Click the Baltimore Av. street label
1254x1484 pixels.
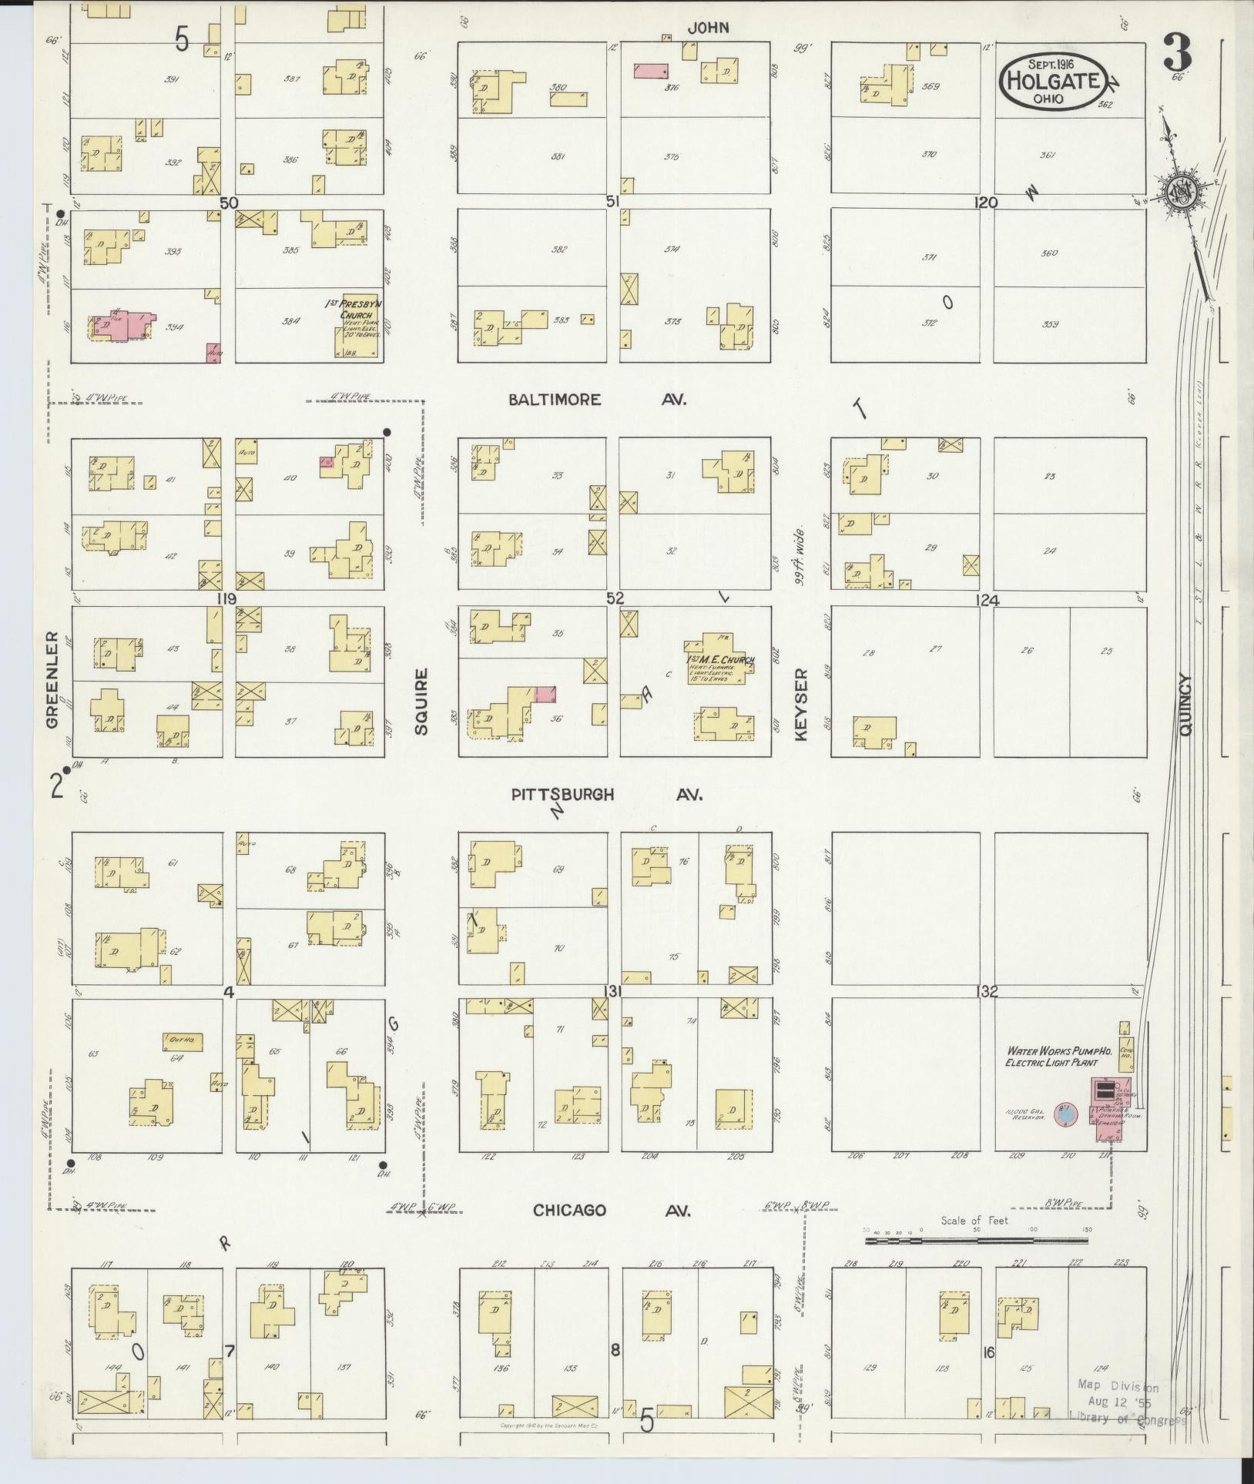[x=597, y=400]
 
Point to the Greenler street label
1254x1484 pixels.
[x=52, y=680]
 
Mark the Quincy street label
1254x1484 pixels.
[x=1185, y=705]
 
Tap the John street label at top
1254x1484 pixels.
[x=708, y=28]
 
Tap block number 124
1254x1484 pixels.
[x=987, y=601]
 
